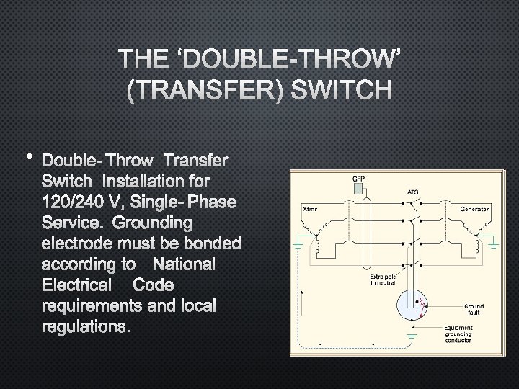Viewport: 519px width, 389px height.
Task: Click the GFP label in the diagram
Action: [358, 178]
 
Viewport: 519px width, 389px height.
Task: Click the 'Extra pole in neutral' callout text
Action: [383, 281]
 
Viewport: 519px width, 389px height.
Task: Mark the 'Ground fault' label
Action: [474, 308]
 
